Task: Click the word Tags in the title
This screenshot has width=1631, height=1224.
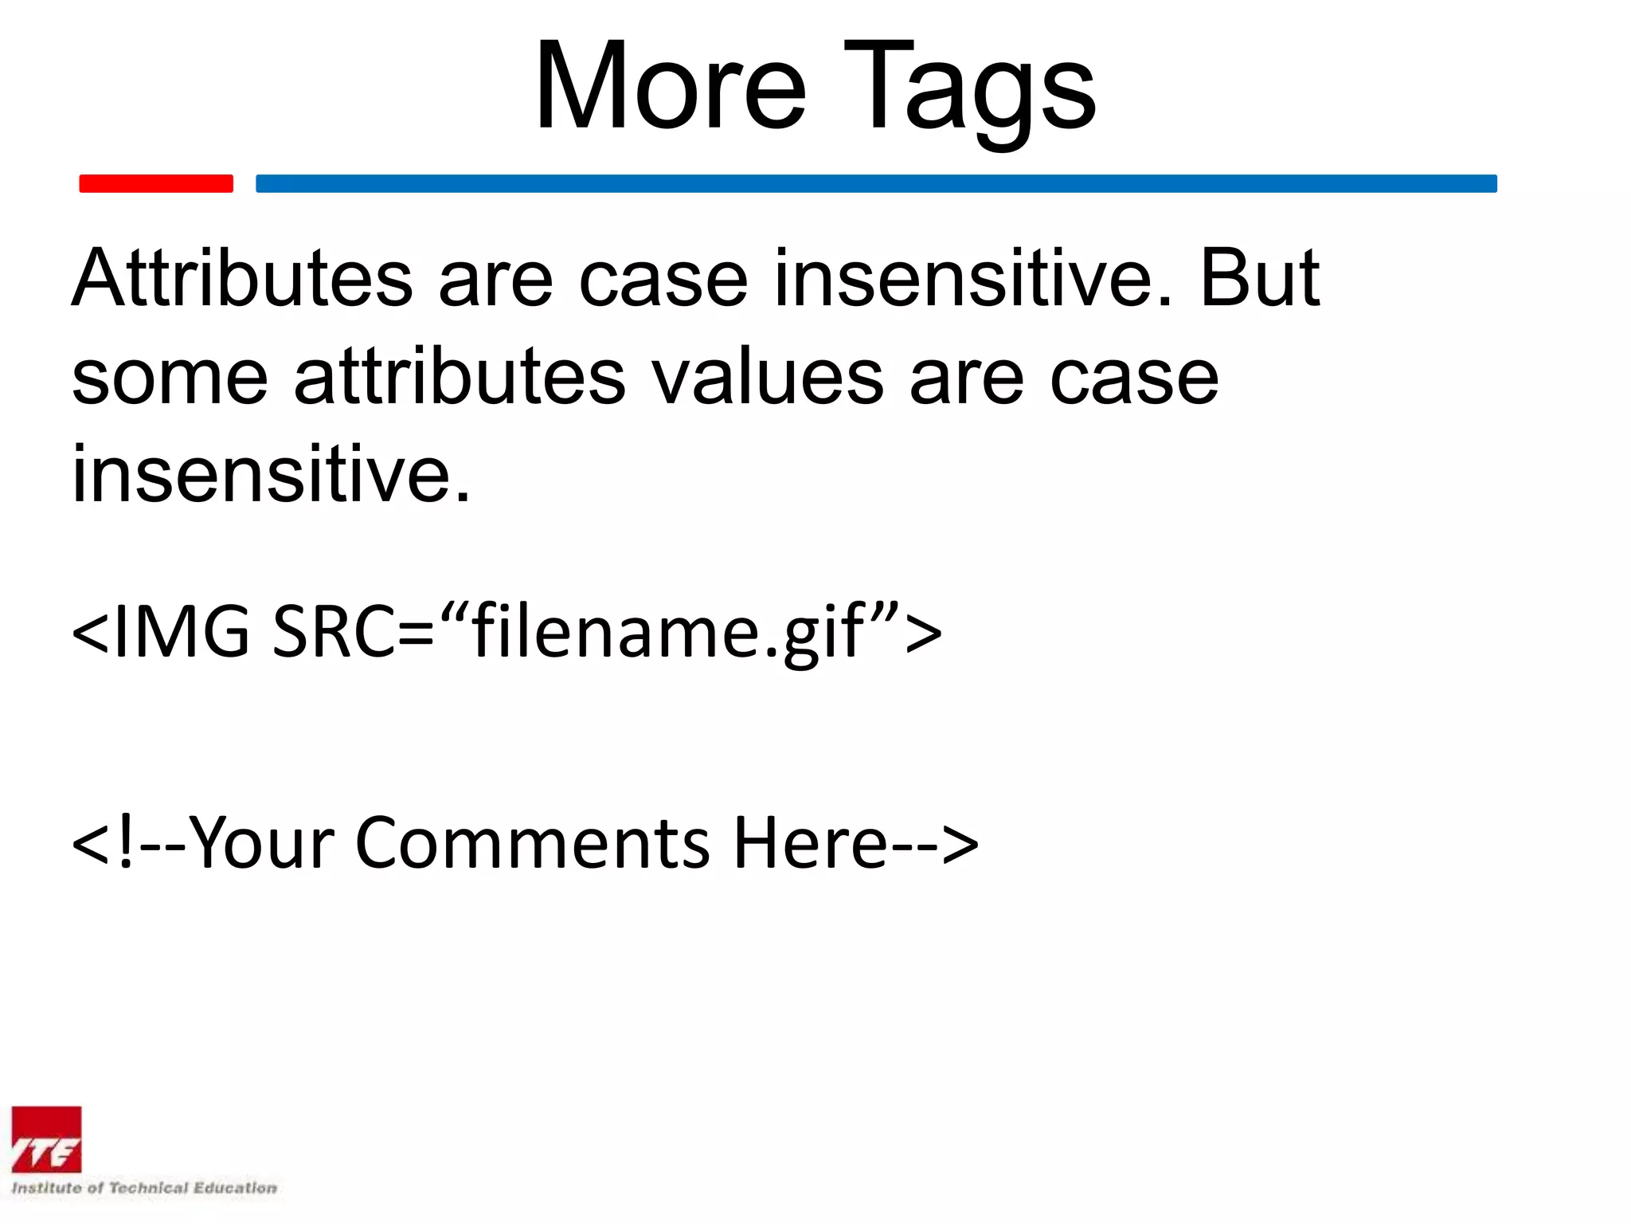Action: [969, 89]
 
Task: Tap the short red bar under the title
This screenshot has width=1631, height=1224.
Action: [156, 184]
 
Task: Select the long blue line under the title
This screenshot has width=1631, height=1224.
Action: [876, 184]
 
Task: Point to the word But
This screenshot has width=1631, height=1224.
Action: [1258, 279]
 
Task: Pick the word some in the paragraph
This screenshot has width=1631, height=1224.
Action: [170, 378]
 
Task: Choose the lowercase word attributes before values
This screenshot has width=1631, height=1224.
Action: [460, 378]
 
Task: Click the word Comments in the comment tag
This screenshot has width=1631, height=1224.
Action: [532, 843]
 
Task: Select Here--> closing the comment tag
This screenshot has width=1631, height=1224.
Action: [855, 843]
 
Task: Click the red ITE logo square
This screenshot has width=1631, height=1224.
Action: [46, 1140]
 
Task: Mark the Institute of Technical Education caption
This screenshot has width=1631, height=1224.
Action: [144, 1187]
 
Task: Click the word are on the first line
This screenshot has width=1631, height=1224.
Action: [495, 279]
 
